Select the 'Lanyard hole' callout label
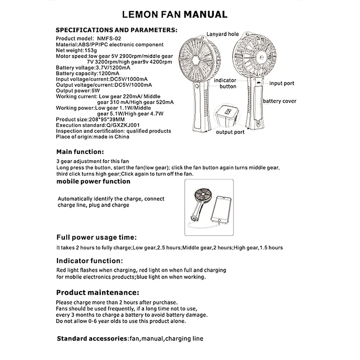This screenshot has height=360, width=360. click(x=222, y=34)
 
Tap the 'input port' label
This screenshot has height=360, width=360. click(x=282, y=83)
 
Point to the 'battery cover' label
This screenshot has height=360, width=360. click(x=279, y=101)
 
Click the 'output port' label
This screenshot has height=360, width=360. click(x=230, y=132)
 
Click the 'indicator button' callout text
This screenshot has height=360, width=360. click(x=225, y=83)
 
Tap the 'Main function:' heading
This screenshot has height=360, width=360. click(x=80, y=151)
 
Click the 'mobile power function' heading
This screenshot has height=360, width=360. click(x=93, y=181)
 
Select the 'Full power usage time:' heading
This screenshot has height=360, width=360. click(x=96, y=237)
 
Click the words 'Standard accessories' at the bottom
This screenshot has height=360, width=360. click(x=92, y=338)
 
